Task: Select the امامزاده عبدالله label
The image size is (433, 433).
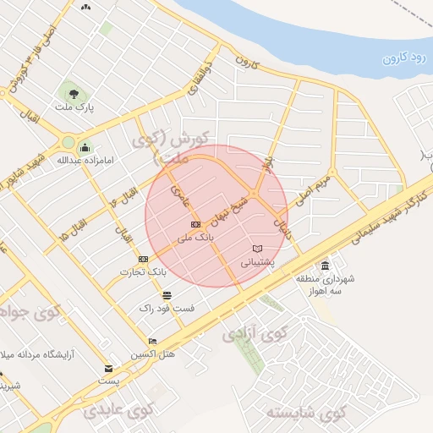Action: click(85, 159)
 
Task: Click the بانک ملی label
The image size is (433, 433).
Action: click(195, 238)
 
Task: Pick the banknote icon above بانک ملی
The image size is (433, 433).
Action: click(195, 224)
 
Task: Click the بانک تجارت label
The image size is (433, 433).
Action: click(145, 271)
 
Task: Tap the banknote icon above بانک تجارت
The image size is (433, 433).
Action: click(144, 259)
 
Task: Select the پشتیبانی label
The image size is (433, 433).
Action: click(259, 262)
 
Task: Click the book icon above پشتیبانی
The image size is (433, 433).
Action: click(257, 249)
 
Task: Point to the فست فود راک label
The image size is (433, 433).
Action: click(167, 308)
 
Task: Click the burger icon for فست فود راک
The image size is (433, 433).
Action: click(167, 295)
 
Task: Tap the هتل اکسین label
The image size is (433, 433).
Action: click(153, 354)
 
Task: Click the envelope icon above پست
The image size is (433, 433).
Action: click(108, 368)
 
